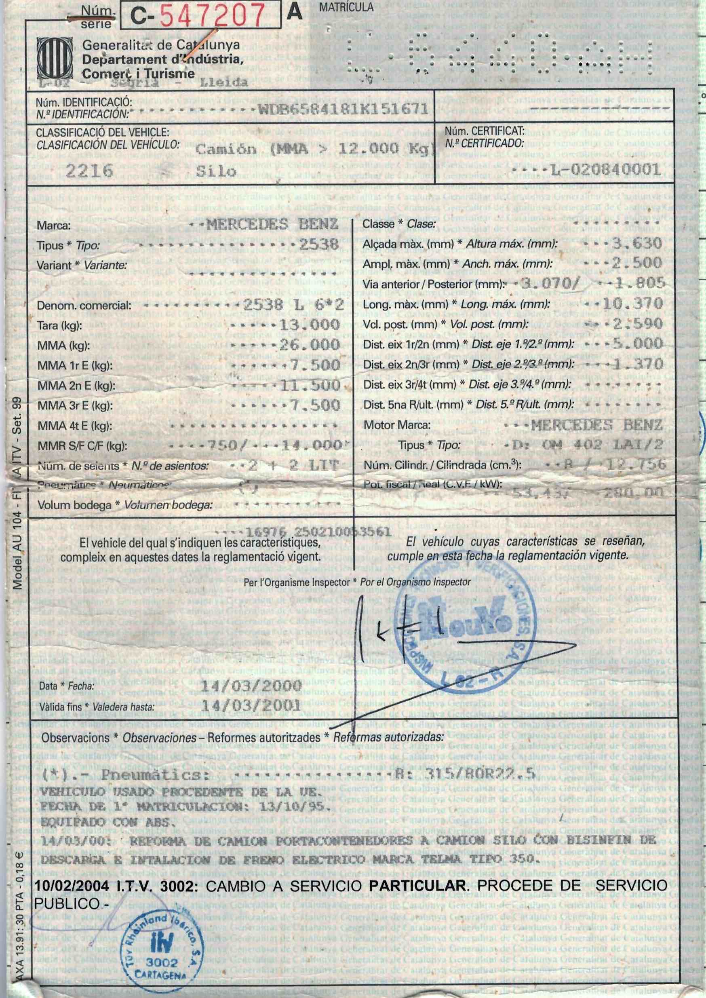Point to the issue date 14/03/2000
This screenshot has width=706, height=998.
[252, 686]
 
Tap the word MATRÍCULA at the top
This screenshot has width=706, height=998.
[346, 7]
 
